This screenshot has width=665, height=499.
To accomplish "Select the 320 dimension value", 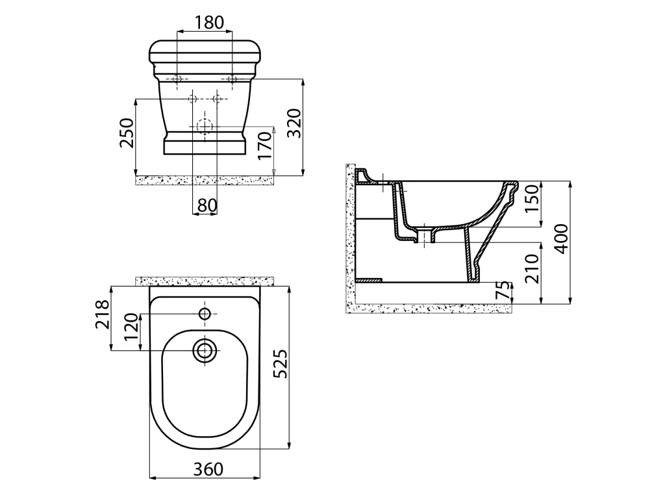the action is tap(294, 123).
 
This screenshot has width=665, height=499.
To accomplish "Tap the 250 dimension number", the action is tap(127, 133).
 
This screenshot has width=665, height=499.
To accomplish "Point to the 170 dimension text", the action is tap(265, 145).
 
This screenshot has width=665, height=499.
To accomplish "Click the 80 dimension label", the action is tap(207, 206).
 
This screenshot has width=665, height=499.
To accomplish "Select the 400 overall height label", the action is tap(561, 239).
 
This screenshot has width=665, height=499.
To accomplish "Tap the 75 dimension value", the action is tap(503, 291).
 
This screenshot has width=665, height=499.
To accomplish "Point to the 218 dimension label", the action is tap(102, 314).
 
